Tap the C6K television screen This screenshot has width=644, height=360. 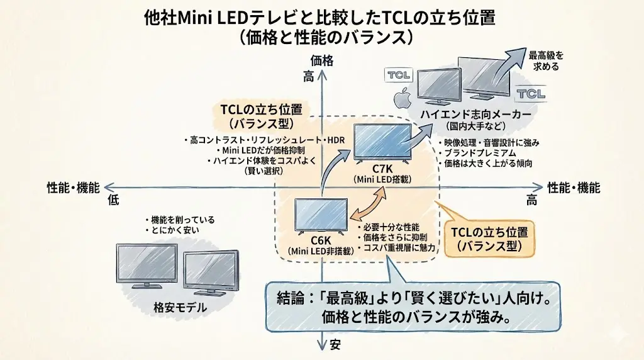(321, 215)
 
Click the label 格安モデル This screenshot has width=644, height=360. (180, 308)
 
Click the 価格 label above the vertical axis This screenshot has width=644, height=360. (322, 61)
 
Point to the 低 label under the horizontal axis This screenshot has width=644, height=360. (113, 200)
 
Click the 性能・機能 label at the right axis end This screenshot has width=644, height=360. (573, 188)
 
